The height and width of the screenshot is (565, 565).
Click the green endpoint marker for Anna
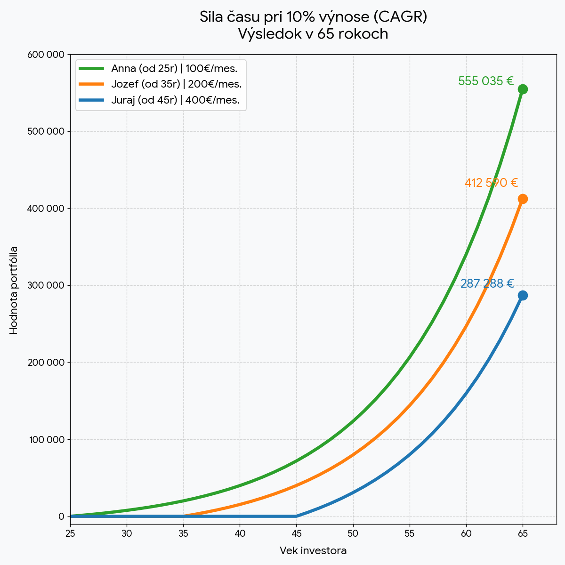(x=523, y=89)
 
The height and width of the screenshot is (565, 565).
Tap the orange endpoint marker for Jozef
(x=523, y=199)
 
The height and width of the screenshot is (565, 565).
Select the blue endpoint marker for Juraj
(x=523, y=295)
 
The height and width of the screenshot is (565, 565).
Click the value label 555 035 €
(x=485, y=81)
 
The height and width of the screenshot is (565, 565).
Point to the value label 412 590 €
(x=491, y=183)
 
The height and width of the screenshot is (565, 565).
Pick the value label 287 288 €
(x=487, y=283)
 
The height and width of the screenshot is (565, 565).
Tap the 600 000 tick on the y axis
(x=46, y=55)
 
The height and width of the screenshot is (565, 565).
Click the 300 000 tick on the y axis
(x=46, y=285)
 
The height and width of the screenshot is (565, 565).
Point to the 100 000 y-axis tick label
(x=46, y=440)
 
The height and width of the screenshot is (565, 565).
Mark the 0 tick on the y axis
(x=61, y=517)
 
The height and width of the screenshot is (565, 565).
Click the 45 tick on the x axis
(x=297, y=533)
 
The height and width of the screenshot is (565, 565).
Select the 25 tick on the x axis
(x=70, y=533)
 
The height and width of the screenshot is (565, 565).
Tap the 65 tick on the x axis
(x=523, y=533)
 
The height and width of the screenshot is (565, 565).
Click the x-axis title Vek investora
(x=313, y=550)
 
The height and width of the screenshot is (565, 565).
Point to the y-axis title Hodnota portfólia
(x=14, y=290)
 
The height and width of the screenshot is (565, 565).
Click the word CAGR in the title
(x=399, y=17)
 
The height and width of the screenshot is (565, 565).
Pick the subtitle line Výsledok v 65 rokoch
(x=313, y=34)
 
